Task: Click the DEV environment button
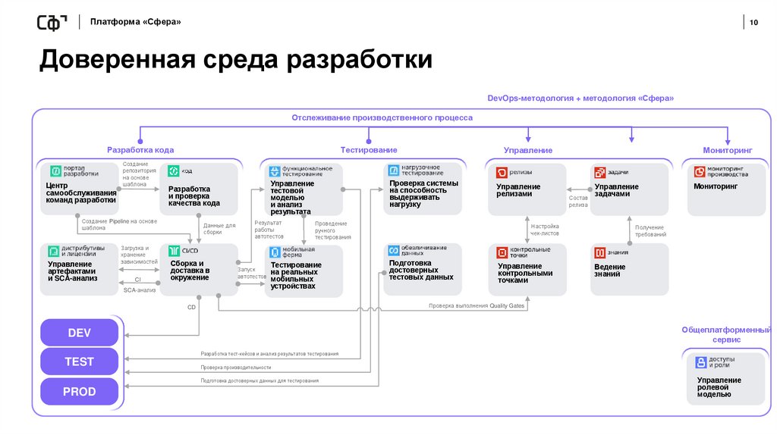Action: point(79,333)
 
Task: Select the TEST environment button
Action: point(79,362)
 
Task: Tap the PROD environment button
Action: point(79,392)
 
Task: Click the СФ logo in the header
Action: point(52,23)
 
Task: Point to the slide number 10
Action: point(753,23)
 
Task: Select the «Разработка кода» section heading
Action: point(140,150)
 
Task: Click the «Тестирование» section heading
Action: point(369,150)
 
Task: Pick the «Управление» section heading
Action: point(528,151)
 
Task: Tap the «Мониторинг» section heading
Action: point(728,150)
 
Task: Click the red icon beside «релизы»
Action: point(502,172)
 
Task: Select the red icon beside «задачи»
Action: point(599,172)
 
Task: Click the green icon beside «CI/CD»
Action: point(175,250)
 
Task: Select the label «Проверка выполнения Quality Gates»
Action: point(476,305)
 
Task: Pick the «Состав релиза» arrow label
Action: point(578,201)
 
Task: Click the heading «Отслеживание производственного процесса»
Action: point(382,117)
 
